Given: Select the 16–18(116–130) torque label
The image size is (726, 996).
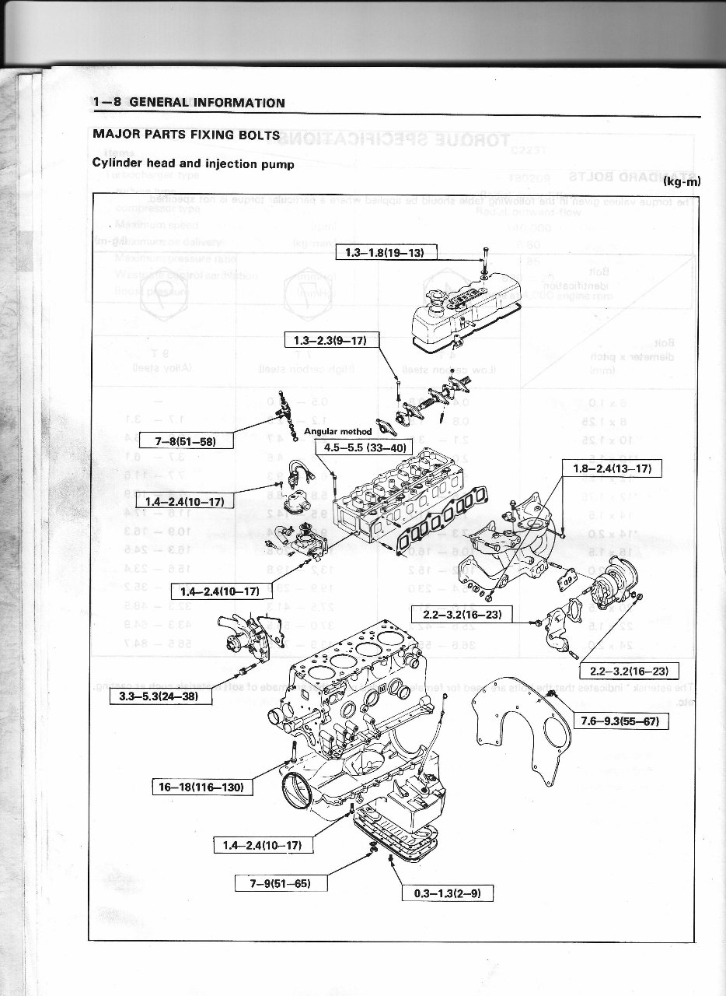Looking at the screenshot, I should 201,787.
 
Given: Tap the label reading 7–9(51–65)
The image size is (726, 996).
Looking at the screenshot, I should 281,882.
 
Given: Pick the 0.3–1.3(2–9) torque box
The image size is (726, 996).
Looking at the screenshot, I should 447,893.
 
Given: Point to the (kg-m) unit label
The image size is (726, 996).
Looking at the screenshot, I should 682,182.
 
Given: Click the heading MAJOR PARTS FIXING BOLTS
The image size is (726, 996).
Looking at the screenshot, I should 186,135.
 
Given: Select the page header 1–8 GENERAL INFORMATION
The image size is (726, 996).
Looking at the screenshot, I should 189,103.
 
